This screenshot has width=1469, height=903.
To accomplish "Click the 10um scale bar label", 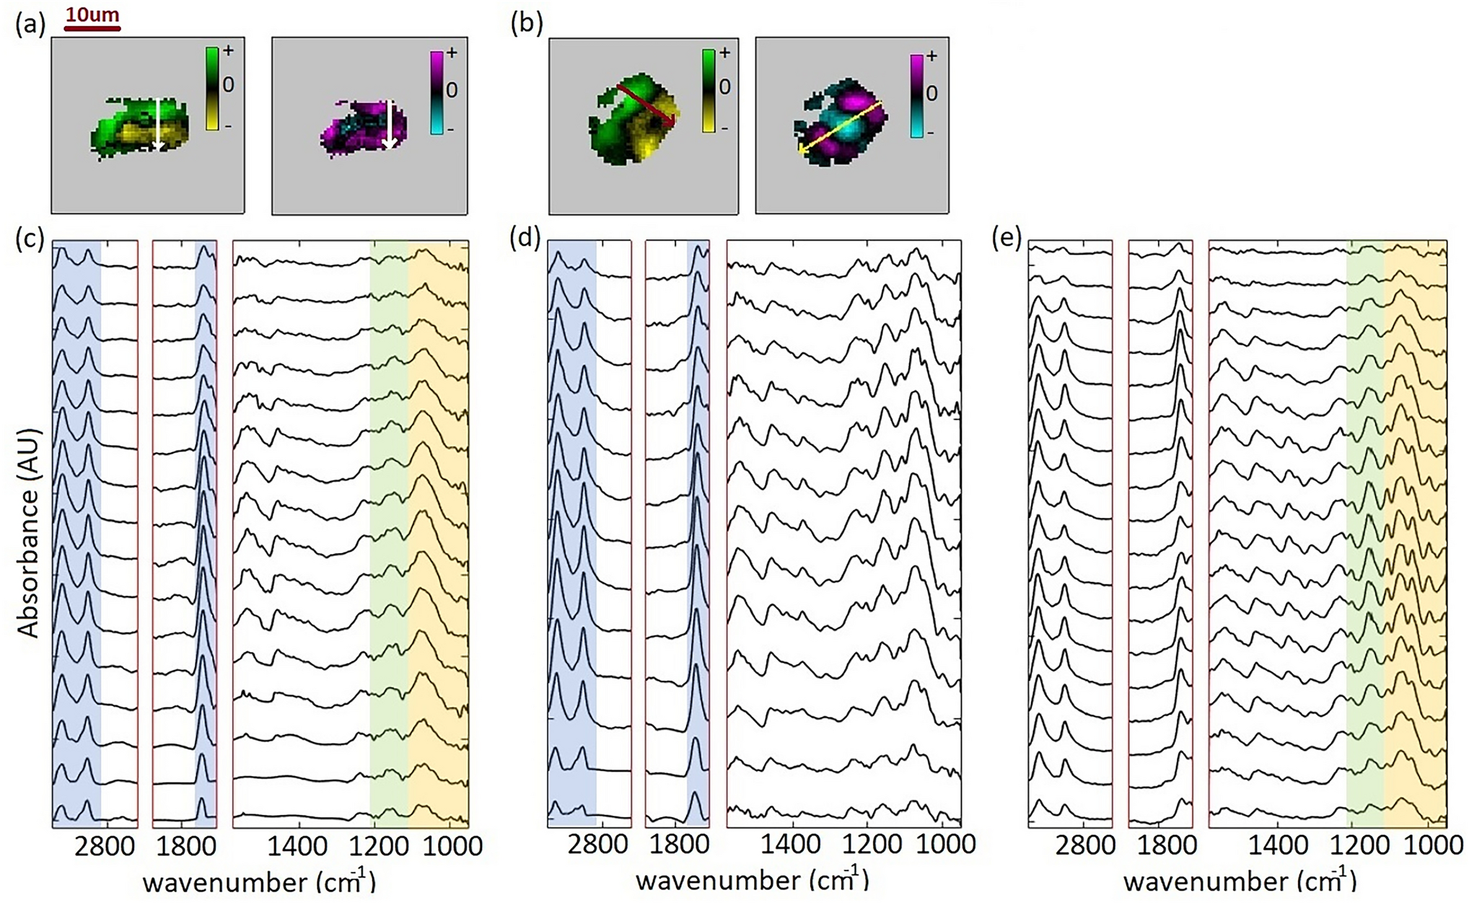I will (x=92, y=14).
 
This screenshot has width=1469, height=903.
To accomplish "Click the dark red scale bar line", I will (x=92, y=30).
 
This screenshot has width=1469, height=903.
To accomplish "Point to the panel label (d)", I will (x=525, y=239).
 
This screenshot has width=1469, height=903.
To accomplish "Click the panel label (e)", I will (x=1007, y=239).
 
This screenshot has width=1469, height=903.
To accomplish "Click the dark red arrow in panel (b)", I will (x=646, y=105).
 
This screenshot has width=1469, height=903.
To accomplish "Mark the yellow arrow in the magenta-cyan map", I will (x=841, y=126).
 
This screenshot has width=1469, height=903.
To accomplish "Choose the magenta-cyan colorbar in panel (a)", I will (x=437, y=92).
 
